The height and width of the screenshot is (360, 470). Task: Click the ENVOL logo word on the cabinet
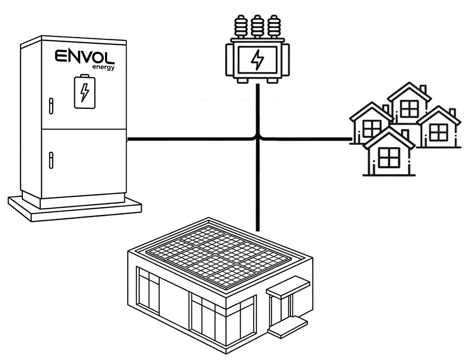click(84, 56)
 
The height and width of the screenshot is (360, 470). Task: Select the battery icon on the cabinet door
click(85, 92)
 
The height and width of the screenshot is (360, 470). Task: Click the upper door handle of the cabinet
click(51, 106)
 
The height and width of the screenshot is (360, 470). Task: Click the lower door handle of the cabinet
click(51, 160)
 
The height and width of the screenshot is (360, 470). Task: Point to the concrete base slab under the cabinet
click(75, 209)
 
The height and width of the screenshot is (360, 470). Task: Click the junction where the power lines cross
click(258, 139)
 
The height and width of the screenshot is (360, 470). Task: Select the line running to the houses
click(313, 139)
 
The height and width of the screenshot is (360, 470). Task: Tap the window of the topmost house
click(409, 109)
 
